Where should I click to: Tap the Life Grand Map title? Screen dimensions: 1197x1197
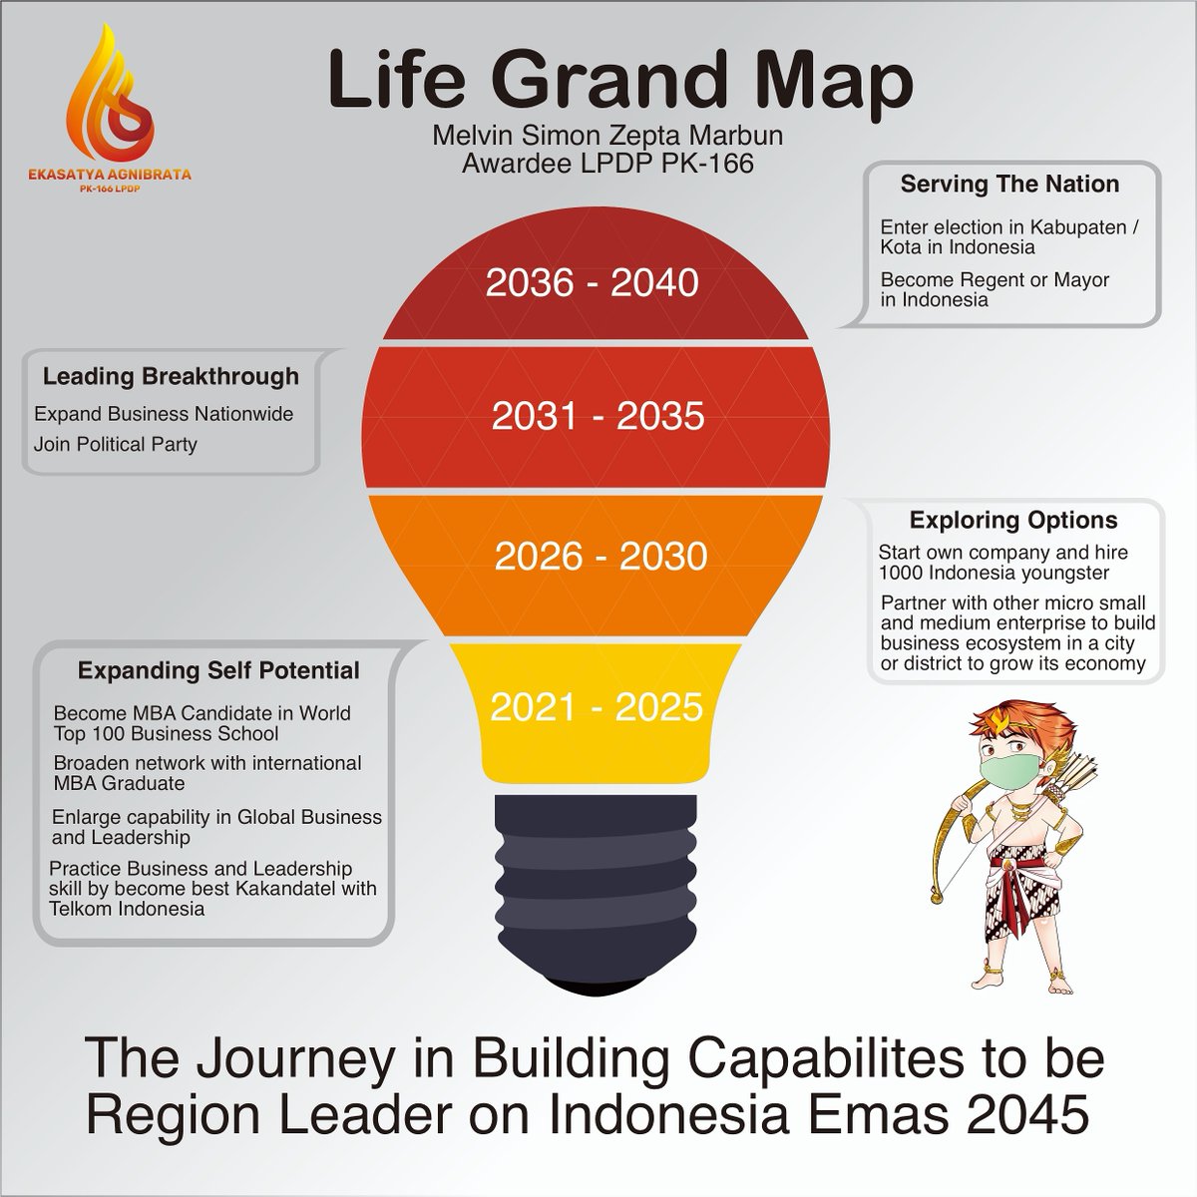[619, 82]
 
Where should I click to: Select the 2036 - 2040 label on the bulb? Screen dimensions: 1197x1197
[593, 283]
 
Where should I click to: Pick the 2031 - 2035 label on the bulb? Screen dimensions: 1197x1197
[598, 416]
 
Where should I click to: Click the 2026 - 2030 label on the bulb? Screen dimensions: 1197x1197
[600, 556]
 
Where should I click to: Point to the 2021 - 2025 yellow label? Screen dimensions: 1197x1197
[597, 707]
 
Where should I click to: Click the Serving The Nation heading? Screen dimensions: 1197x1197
[1008, 185]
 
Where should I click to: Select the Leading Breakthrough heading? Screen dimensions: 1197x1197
[171, 376]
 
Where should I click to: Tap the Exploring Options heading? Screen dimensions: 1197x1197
[1012, 520]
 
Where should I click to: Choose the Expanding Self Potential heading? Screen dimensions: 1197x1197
[218, 670]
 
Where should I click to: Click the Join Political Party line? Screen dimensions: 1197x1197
[116, 445]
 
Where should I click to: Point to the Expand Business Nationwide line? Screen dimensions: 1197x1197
[164, 414]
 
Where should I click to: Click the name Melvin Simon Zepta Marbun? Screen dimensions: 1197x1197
[606, 136]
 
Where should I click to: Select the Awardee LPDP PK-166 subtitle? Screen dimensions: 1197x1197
[606, 162]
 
